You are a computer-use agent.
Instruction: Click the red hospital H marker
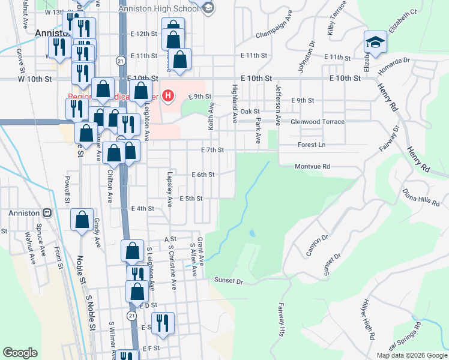point(169,95)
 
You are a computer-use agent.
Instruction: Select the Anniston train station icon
point(46,213)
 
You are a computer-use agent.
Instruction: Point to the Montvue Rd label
point(312,167)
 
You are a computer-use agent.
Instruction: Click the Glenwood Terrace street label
point(317,122)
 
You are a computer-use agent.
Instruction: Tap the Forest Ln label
point(311,145)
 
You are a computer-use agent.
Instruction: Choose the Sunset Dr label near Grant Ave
point(228,280)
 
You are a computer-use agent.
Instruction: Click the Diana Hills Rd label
point(421,198)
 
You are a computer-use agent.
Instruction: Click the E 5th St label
point(191,199)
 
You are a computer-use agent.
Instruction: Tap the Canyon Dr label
point(317,245)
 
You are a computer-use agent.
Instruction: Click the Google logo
point(20,353)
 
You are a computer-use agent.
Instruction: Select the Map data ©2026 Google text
point(411,355)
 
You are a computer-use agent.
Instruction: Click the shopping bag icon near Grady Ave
point(82,220)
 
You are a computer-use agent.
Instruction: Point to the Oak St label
point(249,112)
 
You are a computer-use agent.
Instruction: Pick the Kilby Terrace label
point(337,17)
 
